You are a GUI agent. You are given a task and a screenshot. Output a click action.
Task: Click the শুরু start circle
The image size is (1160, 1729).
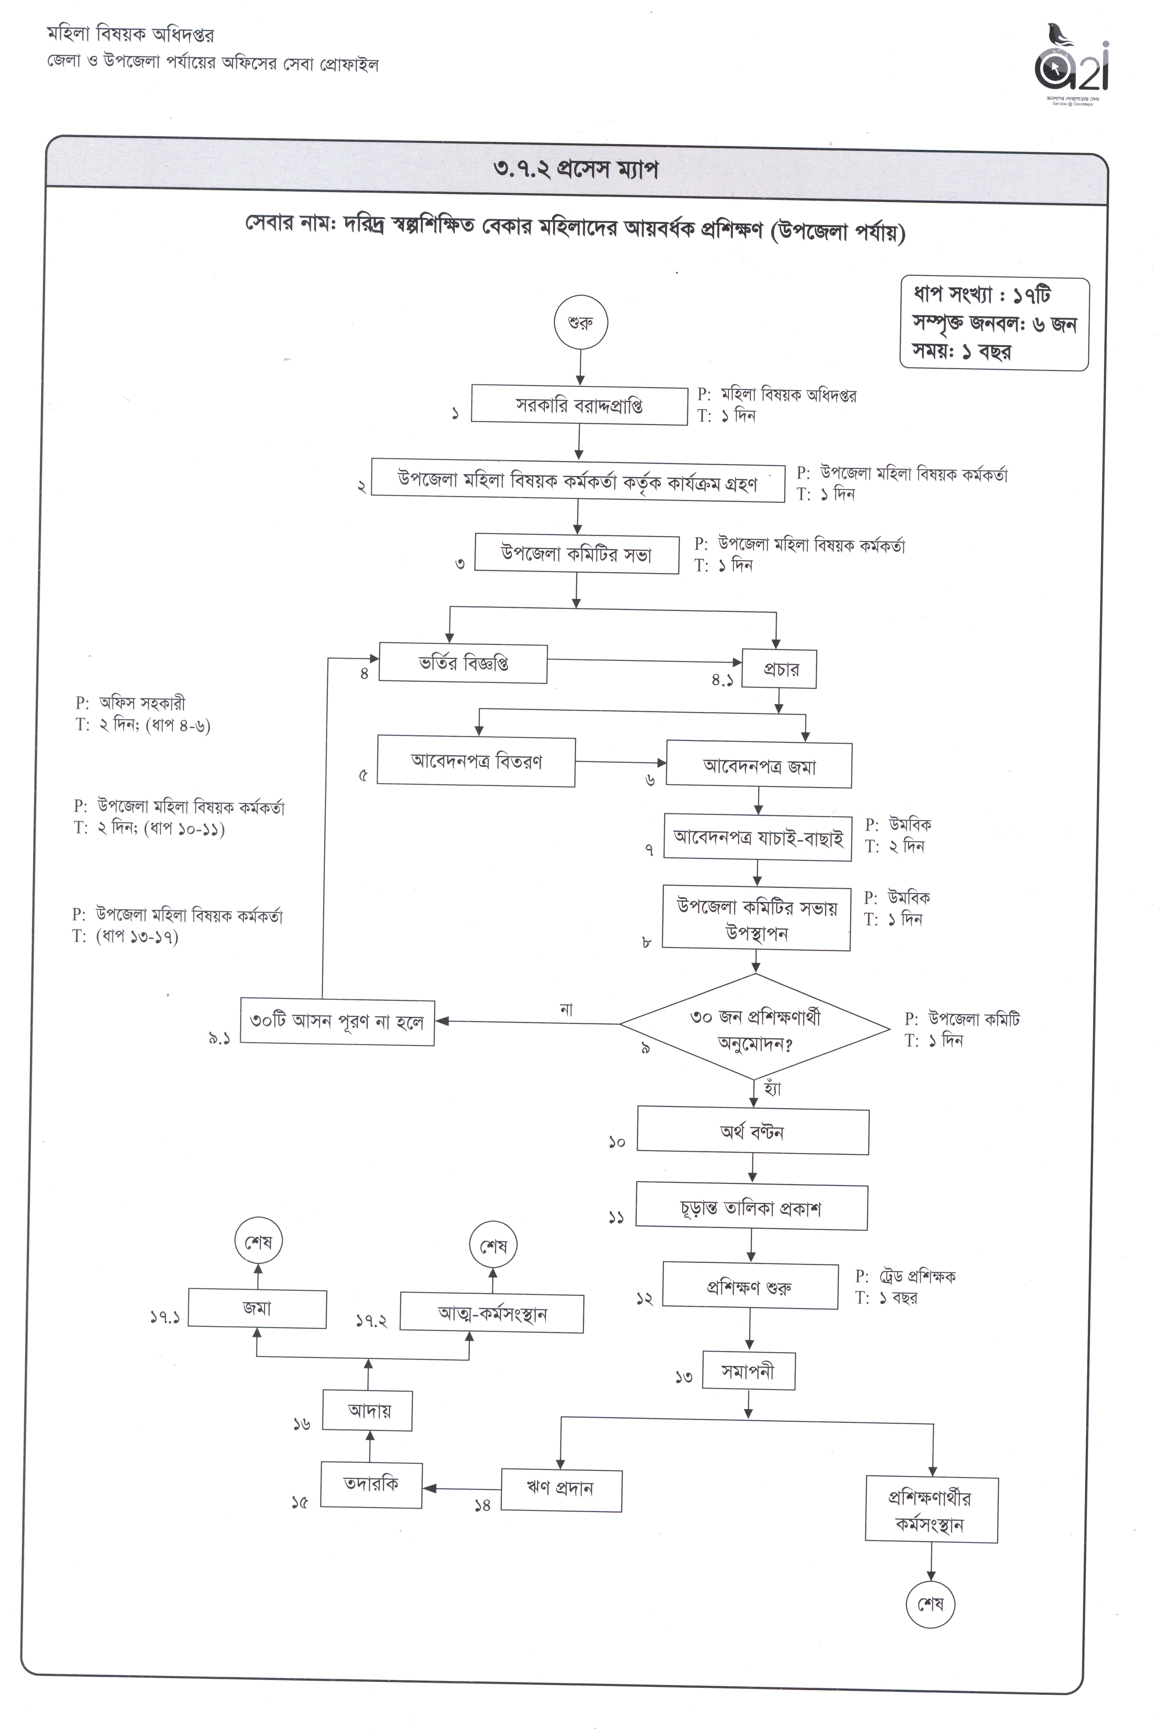[x=581, y=323]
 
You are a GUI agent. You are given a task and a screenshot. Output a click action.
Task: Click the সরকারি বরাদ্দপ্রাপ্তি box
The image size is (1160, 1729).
[x=579, y=405]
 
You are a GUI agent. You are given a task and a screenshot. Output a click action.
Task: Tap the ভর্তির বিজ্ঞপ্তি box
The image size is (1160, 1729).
[x=463, y=663]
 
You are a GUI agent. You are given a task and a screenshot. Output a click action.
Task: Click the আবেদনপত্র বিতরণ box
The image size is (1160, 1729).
[x=476, y=761]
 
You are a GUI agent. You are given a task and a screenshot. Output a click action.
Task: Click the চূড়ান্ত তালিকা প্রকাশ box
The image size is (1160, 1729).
[x=752, y=1209]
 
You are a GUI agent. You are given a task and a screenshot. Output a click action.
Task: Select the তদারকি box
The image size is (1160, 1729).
[x=371, y=1484]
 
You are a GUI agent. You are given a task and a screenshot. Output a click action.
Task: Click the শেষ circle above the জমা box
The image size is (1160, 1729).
[x=258, y=1242]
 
